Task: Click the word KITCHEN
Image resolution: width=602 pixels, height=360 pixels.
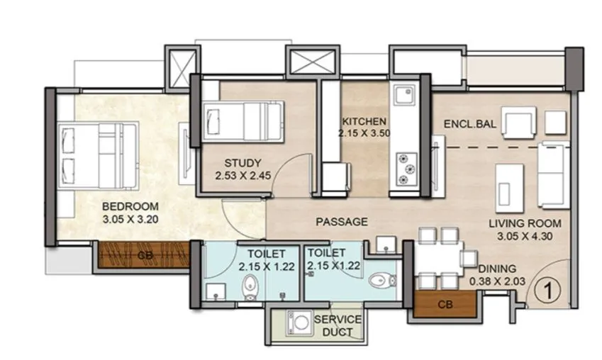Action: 364,121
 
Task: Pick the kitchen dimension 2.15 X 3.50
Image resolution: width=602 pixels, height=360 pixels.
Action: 364,133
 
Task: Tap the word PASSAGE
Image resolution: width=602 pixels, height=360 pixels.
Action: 341,222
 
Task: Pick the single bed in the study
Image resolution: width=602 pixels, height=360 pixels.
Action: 243,122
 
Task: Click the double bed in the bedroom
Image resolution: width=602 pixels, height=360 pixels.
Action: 97,150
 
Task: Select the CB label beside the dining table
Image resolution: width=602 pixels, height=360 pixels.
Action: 445,305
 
